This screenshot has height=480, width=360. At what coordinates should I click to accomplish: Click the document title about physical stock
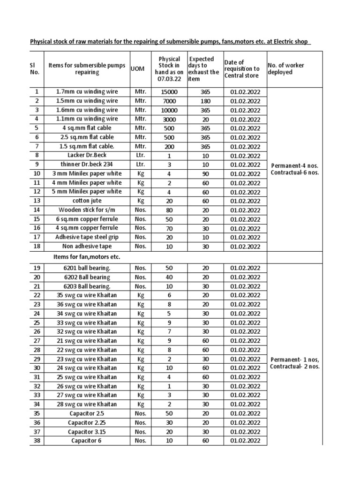tap(170, 42)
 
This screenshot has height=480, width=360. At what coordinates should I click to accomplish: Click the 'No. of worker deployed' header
tap(286, 68)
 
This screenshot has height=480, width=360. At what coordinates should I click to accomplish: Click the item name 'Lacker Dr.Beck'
tap(87, 155)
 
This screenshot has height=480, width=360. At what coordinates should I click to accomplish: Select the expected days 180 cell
tap(205, 101)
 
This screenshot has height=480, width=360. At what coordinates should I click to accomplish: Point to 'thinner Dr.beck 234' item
tap(87, 165)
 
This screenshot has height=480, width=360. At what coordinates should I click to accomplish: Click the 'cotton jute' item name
tap(87, 201)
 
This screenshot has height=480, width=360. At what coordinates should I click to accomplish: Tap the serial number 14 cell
tap(37, 210)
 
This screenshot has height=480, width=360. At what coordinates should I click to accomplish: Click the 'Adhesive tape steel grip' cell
tap(87, 237)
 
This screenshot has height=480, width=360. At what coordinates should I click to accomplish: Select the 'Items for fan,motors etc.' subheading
tap(87, 257)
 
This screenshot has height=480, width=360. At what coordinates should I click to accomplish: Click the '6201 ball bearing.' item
tap(87, 268)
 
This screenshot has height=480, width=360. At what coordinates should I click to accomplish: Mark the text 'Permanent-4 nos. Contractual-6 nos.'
tap(295, 169)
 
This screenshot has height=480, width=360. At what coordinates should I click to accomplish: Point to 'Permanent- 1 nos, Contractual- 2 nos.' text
tap(295, 363)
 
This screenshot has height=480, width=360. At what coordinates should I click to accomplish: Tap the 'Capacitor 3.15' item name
tap(87, 432)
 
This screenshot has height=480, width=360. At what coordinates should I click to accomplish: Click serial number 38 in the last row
tap(37, 441)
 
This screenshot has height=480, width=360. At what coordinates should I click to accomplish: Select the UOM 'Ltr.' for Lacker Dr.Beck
tap(139, 155)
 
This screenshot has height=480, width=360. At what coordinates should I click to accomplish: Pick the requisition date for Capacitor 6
tap(245, 441)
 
